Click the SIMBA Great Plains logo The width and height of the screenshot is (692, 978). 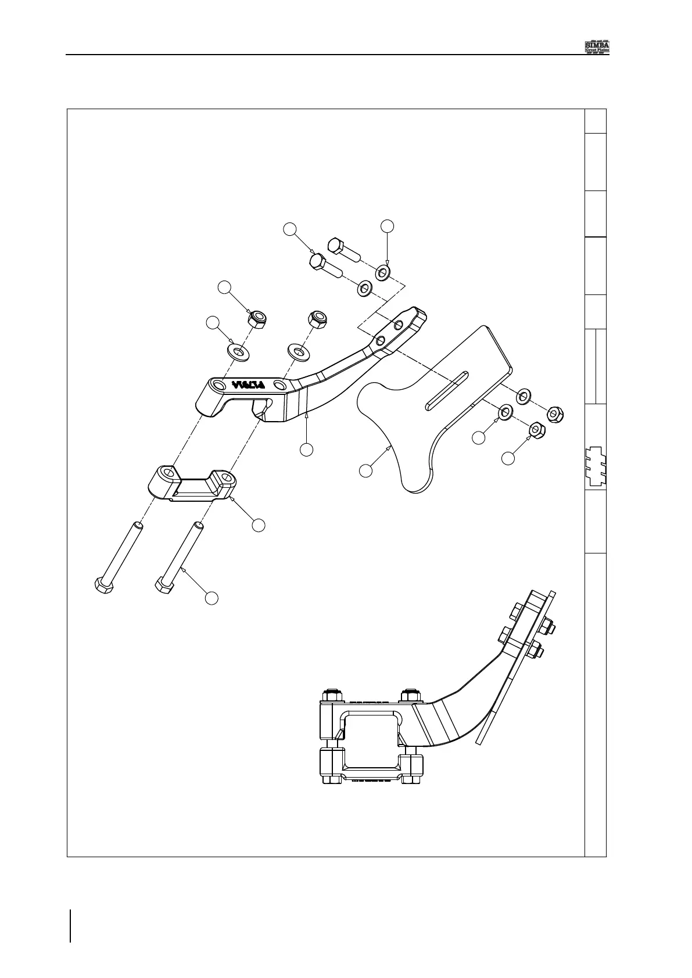596,46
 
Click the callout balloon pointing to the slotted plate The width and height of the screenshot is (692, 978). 365,470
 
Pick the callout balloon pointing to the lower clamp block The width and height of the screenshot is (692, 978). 259,525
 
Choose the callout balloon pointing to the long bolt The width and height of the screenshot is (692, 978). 212,597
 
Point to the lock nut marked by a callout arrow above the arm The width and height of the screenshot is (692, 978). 256,318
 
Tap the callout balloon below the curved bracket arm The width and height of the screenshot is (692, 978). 306,449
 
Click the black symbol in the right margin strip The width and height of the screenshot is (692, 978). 596,466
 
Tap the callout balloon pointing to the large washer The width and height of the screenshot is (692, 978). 213,324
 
